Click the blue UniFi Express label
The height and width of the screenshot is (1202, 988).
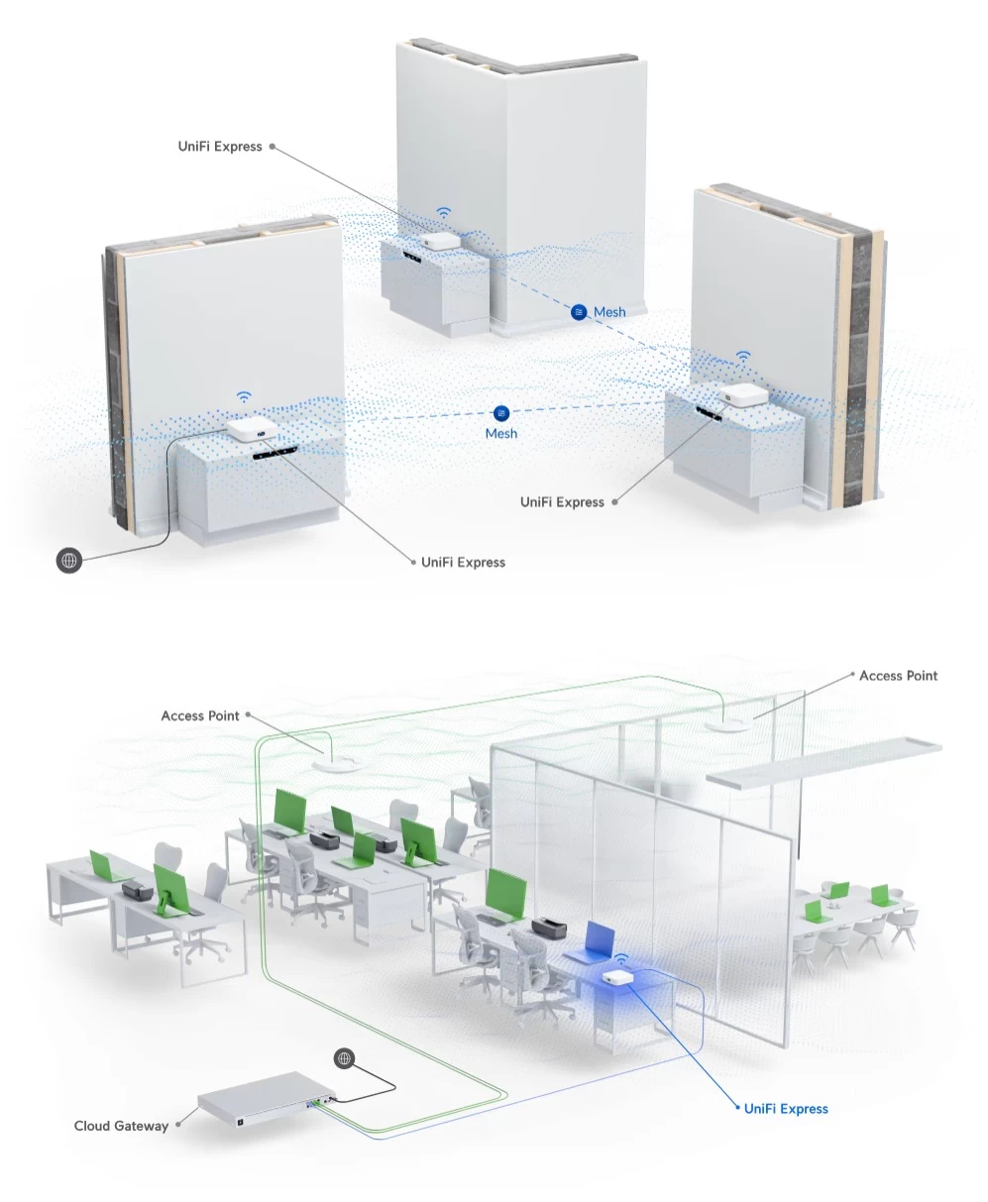(786, 1109)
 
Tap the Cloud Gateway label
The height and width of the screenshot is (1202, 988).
(121, 1126)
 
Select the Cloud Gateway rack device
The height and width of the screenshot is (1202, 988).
(267, 1100)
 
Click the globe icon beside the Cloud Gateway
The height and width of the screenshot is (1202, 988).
(344, 1058)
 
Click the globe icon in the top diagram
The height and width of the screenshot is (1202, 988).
(69, 560)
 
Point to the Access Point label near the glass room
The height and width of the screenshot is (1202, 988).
(898, 676)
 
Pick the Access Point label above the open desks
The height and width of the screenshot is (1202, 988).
(200, 715)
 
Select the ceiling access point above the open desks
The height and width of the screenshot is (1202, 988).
(336, 763)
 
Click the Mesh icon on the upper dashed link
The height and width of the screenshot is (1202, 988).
(579, 312)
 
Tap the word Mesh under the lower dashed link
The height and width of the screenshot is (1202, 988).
(501, 433)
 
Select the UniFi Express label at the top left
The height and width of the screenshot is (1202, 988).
(220, 147)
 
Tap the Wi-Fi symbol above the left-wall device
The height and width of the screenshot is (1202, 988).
(244, 397)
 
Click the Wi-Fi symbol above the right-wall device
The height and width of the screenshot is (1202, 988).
(743, 356)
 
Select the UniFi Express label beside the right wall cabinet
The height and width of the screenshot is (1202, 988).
(562, 502)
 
